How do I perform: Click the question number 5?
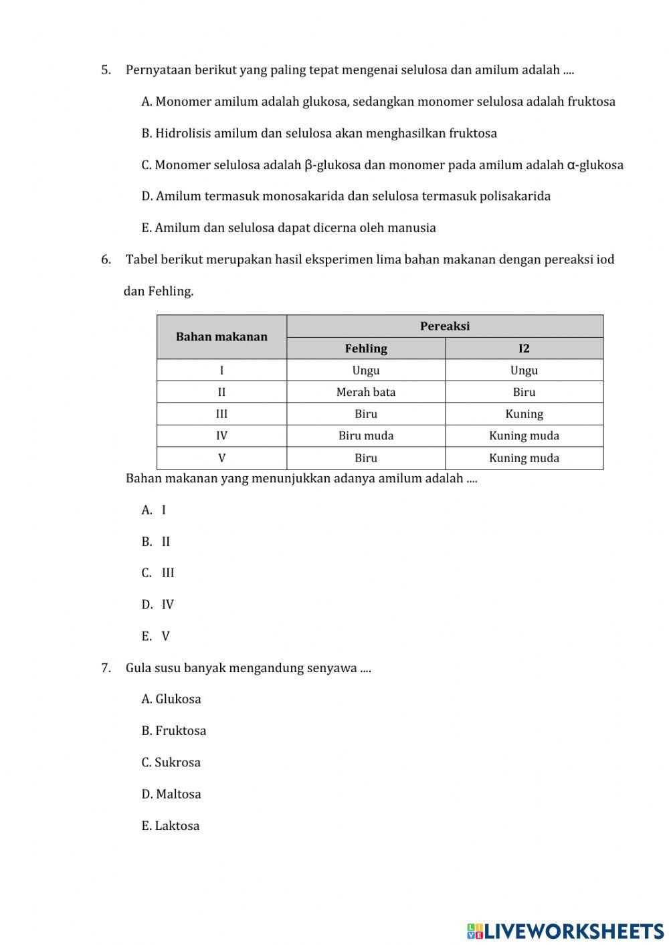(x=106, y=70)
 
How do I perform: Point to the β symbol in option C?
(x=308, y=165)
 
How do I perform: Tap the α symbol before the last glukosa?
(x=571, y=165)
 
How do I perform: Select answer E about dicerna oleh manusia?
(x=288, y=228)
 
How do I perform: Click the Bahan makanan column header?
(x=221, y=337)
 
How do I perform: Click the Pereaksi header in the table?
(x=445, y=326)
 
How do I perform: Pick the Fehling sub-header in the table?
(x=366, y=348)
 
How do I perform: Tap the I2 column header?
(x=524, y=348)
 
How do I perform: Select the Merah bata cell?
(x=366, y=393)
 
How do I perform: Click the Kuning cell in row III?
(x=524, y=414)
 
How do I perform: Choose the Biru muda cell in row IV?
(x=366, y=436)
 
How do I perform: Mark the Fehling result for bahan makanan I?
(x=366, y=371)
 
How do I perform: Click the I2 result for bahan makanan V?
(x=524, y=458)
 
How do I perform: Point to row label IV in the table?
(x=221, y=436)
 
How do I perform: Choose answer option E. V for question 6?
(x=156, y=637)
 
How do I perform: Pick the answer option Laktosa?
(x=171, y=826)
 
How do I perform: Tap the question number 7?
(x=106, y=668)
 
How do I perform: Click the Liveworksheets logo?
(x=565, y=931)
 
